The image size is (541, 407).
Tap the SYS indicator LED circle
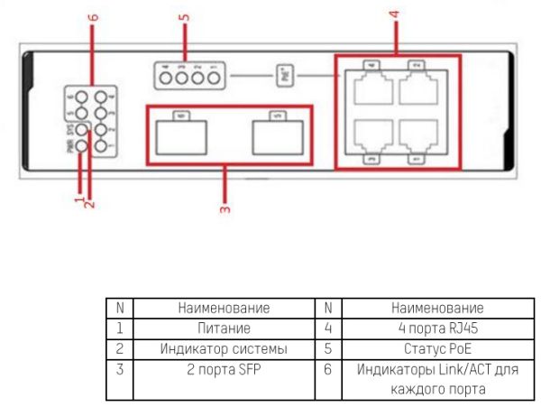coord(81,131)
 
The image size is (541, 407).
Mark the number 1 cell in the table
coord(120,328)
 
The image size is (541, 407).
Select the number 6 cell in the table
coord(328,369)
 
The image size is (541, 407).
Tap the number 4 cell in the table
coord(328,328)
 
